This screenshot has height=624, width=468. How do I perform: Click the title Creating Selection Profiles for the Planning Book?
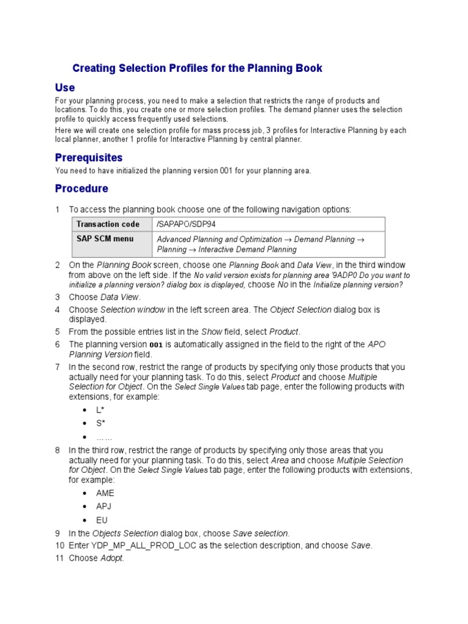point(197,68)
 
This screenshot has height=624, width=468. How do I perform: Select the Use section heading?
point(65,88)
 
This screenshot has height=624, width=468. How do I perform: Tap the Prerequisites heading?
point(89,158)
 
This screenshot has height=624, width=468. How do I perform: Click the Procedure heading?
point(82,188)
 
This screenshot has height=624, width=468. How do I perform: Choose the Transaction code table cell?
point(108,224)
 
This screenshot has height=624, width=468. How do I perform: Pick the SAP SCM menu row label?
point(105,239)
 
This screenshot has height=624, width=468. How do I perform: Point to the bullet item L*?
point(101,411)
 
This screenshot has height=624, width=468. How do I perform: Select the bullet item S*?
point(101,424)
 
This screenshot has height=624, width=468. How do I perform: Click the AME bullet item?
point(105,493)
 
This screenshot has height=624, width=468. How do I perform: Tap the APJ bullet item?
point(104,506)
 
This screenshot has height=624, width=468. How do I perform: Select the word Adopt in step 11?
point(112,558)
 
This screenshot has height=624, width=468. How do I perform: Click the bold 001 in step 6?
point(157,345)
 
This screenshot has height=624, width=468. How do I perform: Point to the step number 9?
point(57,533)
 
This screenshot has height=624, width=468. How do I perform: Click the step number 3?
point(57,297)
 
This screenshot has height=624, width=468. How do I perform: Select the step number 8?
point(57,450)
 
